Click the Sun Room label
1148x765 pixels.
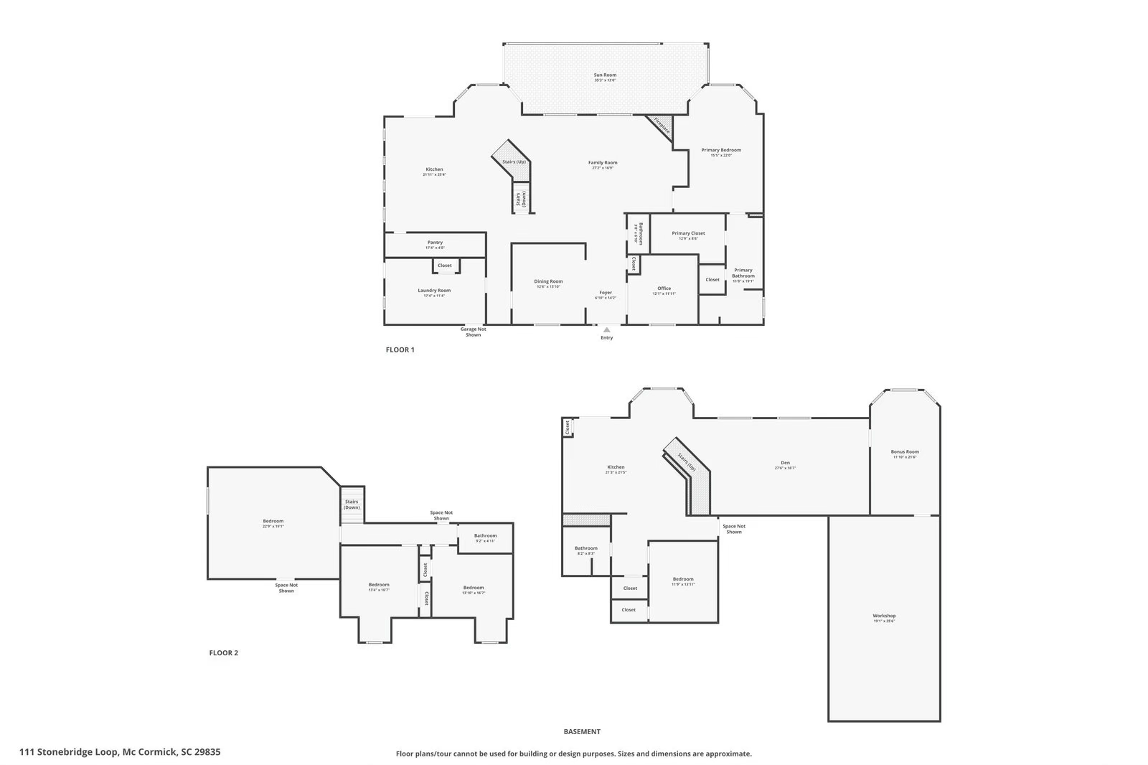point(605,75)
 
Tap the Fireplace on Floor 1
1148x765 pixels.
point(662,127)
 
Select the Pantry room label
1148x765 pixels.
point(435,243)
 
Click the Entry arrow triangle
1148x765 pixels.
point(606,330)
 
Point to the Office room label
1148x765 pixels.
point(664,288)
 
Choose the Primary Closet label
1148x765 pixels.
point(688,233)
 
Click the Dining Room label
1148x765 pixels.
point(548,282)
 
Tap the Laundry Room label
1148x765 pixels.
point(434,291)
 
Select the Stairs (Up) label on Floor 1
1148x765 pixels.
point(514,162)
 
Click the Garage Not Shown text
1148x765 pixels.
point(473,332)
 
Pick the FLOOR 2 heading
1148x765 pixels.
point(223,653)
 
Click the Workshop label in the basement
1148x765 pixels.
point(884,616)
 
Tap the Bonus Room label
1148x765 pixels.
point(905,452)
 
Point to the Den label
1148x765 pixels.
point(785,463)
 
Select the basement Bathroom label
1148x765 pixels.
point(585,548)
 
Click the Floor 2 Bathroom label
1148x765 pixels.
point(485,535)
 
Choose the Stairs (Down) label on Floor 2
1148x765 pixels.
point(352,504)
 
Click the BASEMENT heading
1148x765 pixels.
point(582,732)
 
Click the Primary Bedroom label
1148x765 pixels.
point(720,150)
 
